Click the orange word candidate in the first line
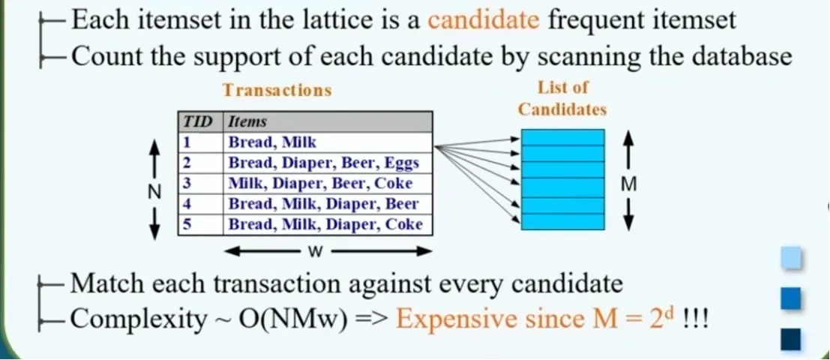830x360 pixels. [484, 20]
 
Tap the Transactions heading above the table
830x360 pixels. [277, 90]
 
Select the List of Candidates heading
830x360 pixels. [562, 98]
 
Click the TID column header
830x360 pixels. [198, 122]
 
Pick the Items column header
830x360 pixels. [247, 122]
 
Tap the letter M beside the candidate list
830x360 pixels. [628, 184]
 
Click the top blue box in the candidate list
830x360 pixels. [562, 138]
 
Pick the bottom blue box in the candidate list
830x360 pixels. [562, 221]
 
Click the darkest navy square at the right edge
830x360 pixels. [790, 339]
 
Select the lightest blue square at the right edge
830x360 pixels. [790, 259]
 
